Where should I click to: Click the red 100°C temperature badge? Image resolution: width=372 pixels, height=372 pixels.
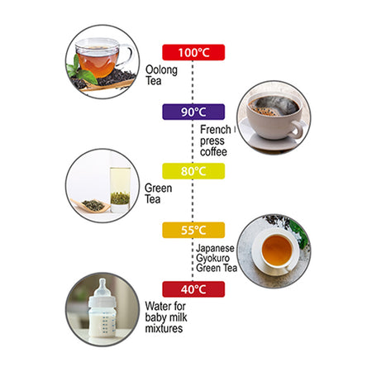pyautogui.click(x=193, y=52)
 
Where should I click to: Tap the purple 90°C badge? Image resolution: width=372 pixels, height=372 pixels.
pyautogui.click(x=193, y=112)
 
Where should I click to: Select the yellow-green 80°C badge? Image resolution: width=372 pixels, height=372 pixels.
pyautogui.click(x=193, y=171)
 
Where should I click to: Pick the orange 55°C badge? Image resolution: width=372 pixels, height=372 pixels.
pyautogui.click(x=193, y=230)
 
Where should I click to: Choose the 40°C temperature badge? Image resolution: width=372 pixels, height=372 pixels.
pyautogui.click(x=193, y=289)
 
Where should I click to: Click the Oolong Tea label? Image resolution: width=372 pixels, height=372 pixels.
pyautogui.click(x=161, y=75)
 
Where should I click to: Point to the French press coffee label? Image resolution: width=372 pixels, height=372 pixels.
pyautogui.click(x=216, y=141)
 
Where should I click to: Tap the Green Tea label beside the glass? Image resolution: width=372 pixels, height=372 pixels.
pyautogui.click(x=158, y=193)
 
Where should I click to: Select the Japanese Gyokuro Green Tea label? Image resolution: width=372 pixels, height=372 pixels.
pyautogui.click(x=217, y=258)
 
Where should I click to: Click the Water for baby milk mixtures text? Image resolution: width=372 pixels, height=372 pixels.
pyautogui.click(x=165, y=317)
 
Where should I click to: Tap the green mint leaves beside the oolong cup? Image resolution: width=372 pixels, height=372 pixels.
pyautogui.click(x=81, y=71)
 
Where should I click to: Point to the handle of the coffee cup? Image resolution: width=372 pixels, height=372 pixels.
pyautogui.click(x=297, y=130)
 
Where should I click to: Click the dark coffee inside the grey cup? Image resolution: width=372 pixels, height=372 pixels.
pyautogui.click(x=274, y=107)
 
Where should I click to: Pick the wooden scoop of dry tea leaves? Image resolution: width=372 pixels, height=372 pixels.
pyautogui.click(x=91, y=206)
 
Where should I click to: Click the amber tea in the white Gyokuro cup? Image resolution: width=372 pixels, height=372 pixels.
pyautogui.click(x=277, y=250)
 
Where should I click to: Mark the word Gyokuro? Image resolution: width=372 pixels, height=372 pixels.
pyautogui.click(x=212, y=259)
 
